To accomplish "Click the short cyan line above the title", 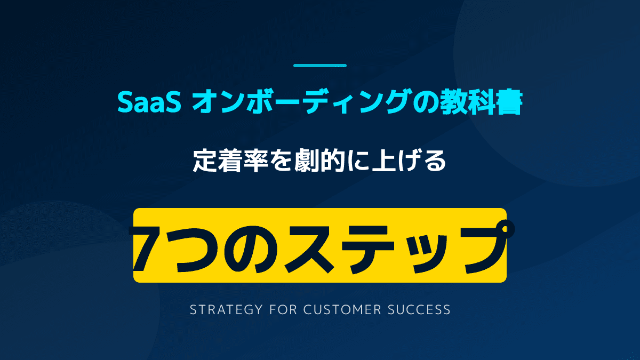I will pos(320,66).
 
